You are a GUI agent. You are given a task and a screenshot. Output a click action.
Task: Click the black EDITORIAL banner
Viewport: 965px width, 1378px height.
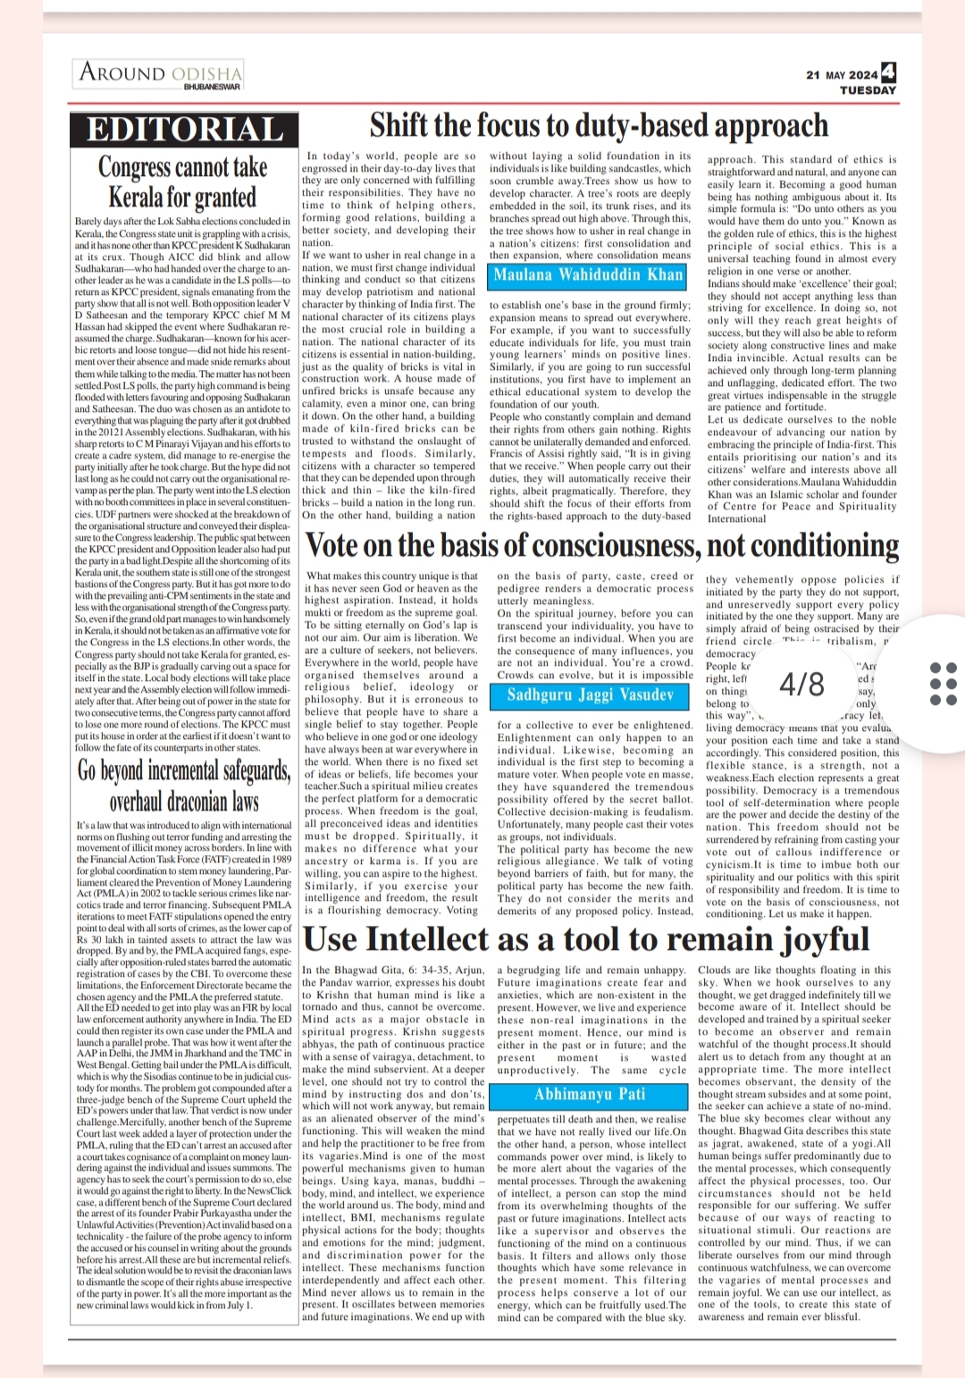[184, 130]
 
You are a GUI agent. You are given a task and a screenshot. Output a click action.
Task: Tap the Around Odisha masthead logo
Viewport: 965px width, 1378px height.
[161, 72]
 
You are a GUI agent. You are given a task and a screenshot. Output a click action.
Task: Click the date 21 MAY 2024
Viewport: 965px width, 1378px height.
[841, 75]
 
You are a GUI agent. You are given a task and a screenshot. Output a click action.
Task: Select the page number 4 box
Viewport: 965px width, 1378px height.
[888, 72]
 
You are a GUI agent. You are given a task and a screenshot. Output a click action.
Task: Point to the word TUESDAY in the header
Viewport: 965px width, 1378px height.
[868, 90]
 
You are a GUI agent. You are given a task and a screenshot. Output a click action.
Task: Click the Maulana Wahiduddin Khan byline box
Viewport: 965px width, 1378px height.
[590, 274]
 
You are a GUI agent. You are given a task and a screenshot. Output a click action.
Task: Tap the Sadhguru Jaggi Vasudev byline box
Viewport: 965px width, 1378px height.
[590, 694]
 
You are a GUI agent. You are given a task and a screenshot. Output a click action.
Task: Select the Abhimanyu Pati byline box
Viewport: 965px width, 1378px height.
[590, 1094]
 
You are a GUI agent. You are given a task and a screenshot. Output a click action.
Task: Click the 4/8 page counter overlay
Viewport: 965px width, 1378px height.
[801, 684]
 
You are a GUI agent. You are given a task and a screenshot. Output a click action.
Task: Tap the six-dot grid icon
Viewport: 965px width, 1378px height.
[944, 684]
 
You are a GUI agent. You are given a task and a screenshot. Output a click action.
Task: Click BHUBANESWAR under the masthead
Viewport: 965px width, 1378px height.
[212, 88]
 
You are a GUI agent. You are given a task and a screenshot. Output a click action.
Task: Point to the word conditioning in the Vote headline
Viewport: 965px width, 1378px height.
[818, 545]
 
